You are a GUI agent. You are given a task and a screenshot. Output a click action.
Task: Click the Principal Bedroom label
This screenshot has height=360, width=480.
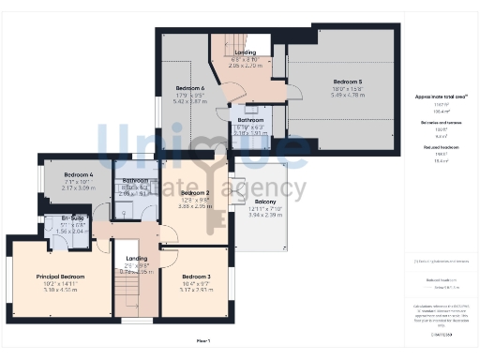point(60,277)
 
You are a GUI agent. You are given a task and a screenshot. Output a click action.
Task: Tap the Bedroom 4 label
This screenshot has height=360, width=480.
point(79,175)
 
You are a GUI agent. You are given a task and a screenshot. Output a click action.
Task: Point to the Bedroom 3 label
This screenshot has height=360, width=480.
point(196,277)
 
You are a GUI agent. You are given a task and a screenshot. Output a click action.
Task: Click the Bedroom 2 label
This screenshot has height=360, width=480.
point(194,193)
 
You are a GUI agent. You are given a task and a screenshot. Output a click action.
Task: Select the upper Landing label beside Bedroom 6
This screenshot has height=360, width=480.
point(245,53)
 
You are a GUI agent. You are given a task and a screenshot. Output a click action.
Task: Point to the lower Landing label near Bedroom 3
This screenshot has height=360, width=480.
point(137,258)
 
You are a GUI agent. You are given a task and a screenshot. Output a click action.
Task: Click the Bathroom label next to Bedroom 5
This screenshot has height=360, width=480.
point(250,120)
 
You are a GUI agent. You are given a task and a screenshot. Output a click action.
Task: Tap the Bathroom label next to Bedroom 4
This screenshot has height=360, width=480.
point(135,180)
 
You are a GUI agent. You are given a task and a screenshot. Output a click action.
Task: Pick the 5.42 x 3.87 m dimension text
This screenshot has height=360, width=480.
point(189,101)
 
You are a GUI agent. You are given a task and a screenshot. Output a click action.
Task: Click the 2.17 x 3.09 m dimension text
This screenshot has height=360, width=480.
point(79,188)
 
